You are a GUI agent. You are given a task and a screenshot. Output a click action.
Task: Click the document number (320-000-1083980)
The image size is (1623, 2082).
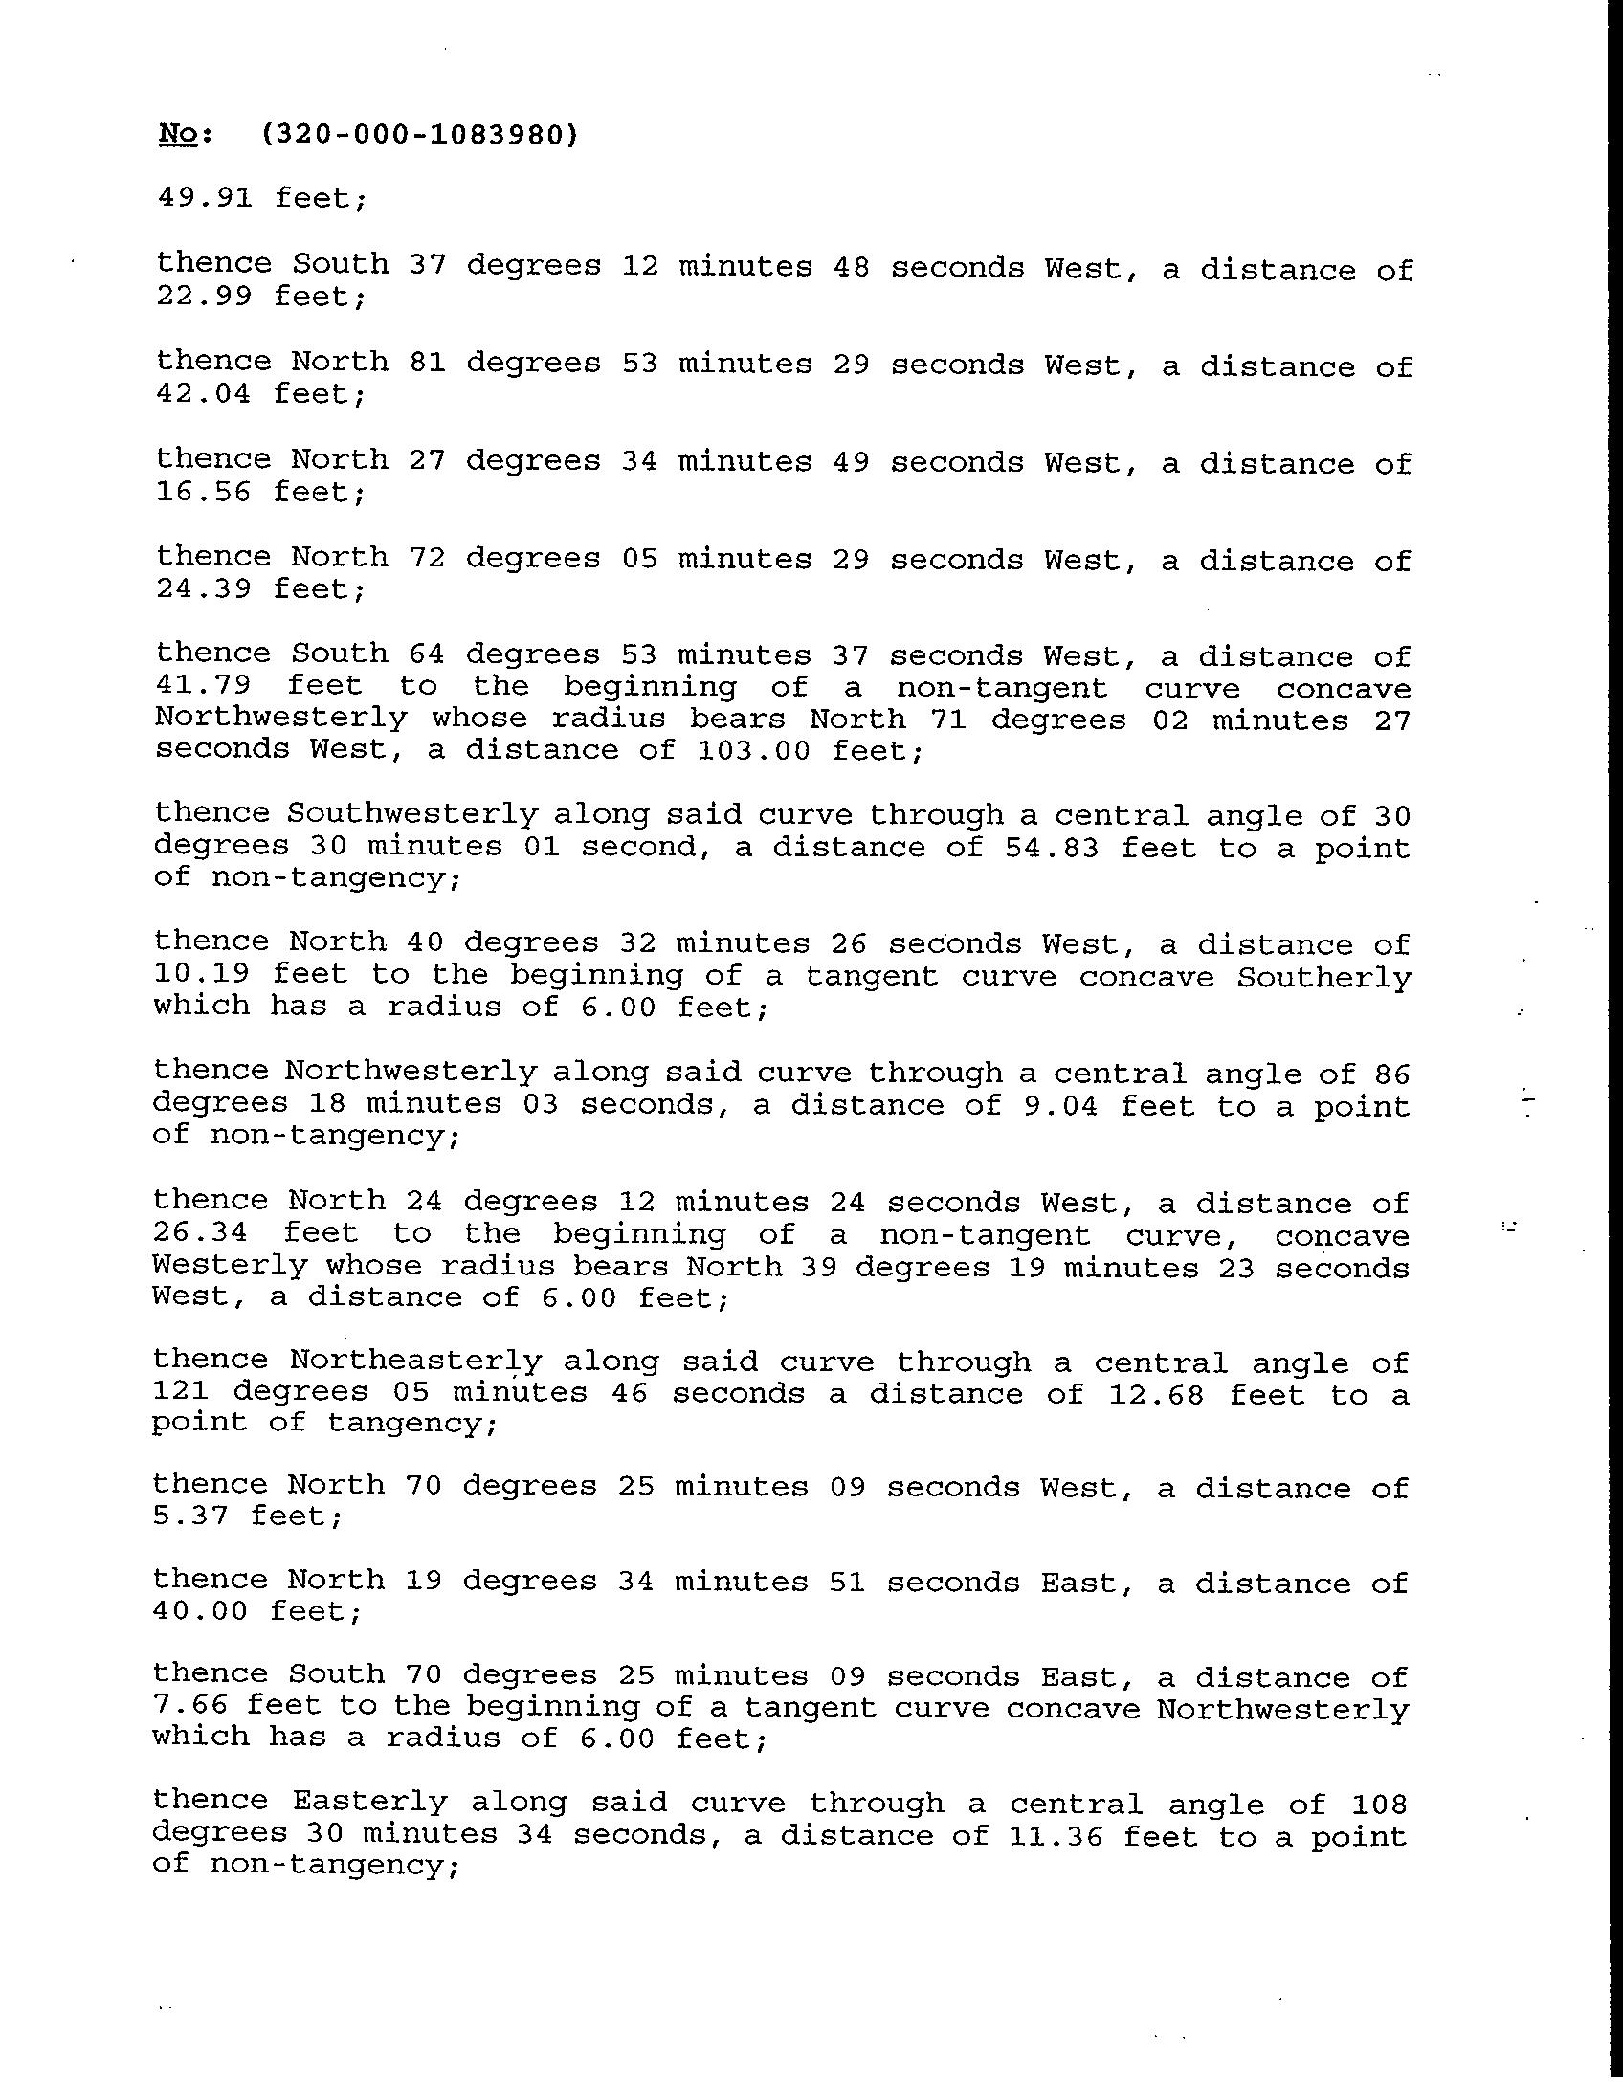click(419, 136)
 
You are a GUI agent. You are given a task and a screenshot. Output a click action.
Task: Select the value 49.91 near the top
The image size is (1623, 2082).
click(205, 198)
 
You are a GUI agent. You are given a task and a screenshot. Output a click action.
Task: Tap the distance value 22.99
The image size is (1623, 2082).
click(204, 297)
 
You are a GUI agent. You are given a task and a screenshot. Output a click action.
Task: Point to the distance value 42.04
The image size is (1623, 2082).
click(204, 394)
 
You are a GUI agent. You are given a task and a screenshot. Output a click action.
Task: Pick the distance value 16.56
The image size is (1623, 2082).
click(204, 492)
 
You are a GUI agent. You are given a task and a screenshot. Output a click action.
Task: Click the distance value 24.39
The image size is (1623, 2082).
click(204, 589)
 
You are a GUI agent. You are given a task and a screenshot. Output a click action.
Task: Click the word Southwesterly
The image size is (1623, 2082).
click(412, 814)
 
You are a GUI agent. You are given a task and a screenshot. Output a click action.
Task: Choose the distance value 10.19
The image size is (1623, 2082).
click(202, 975)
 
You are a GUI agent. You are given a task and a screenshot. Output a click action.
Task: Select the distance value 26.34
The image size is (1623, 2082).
click(200, 1234)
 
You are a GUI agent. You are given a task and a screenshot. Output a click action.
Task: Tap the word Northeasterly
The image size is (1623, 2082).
click(415, 1362)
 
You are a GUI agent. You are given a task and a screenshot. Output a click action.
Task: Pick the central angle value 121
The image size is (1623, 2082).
click(182, 1393)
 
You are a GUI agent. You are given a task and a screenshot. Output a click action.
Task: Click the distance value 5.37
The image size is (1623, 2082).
click(190, 1517)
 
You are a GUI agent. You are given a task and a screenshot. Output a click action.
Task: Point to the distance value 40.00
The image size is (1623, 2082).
click(200, 1612)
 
